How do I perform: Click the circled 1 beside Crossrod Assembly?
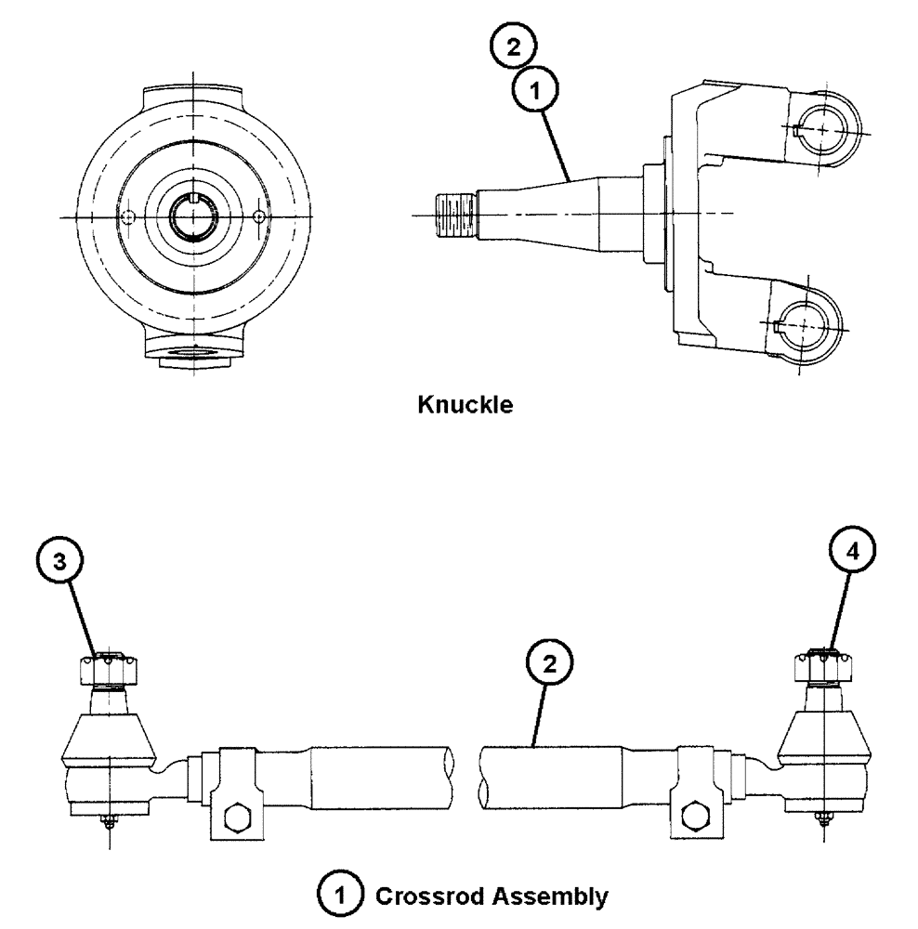coord(349,897)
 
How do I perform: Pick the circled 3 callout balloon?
coord(59,562)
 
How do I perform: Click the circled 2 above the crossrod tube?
coord(549,664)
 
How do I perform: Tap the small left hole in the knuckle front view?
coord(129,216)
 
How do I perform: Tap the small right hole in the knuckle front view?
coord(258,216)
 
